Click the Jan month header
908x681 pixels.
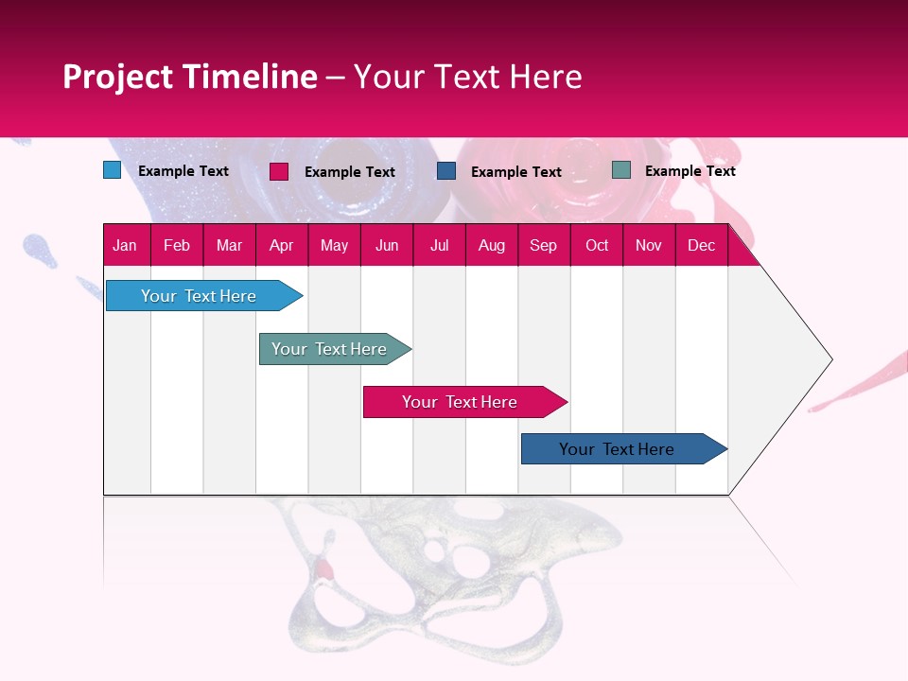[x=126, y=245]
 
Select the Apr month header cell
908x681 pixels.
[x=282, y=245]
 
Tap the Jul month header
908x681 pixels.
[x=439, y=245]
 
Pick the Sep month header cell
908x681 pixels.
[x=543, y=245]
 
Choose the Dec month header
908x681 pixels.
[x=701, y=245]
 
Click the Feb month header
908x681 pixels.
[x=177, y=245]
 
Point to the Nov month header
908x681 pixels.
[x=649, y=245]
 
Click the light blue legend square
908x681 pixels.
[x=112, y=170]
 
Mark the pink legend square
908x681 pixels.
[x=279, y=171]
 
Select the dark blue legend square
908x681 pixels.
[x=446, y=171]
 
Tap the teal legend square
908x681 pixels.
[x=621, y=170]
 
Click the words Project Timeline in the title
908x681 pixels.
[x=189, y=77]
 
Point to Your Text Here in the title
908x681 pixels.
[x=467, y=77]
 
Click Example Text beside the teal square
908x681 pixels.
[x=690, y=171]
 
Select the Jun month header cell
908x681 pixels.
[x=387, y=245]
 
